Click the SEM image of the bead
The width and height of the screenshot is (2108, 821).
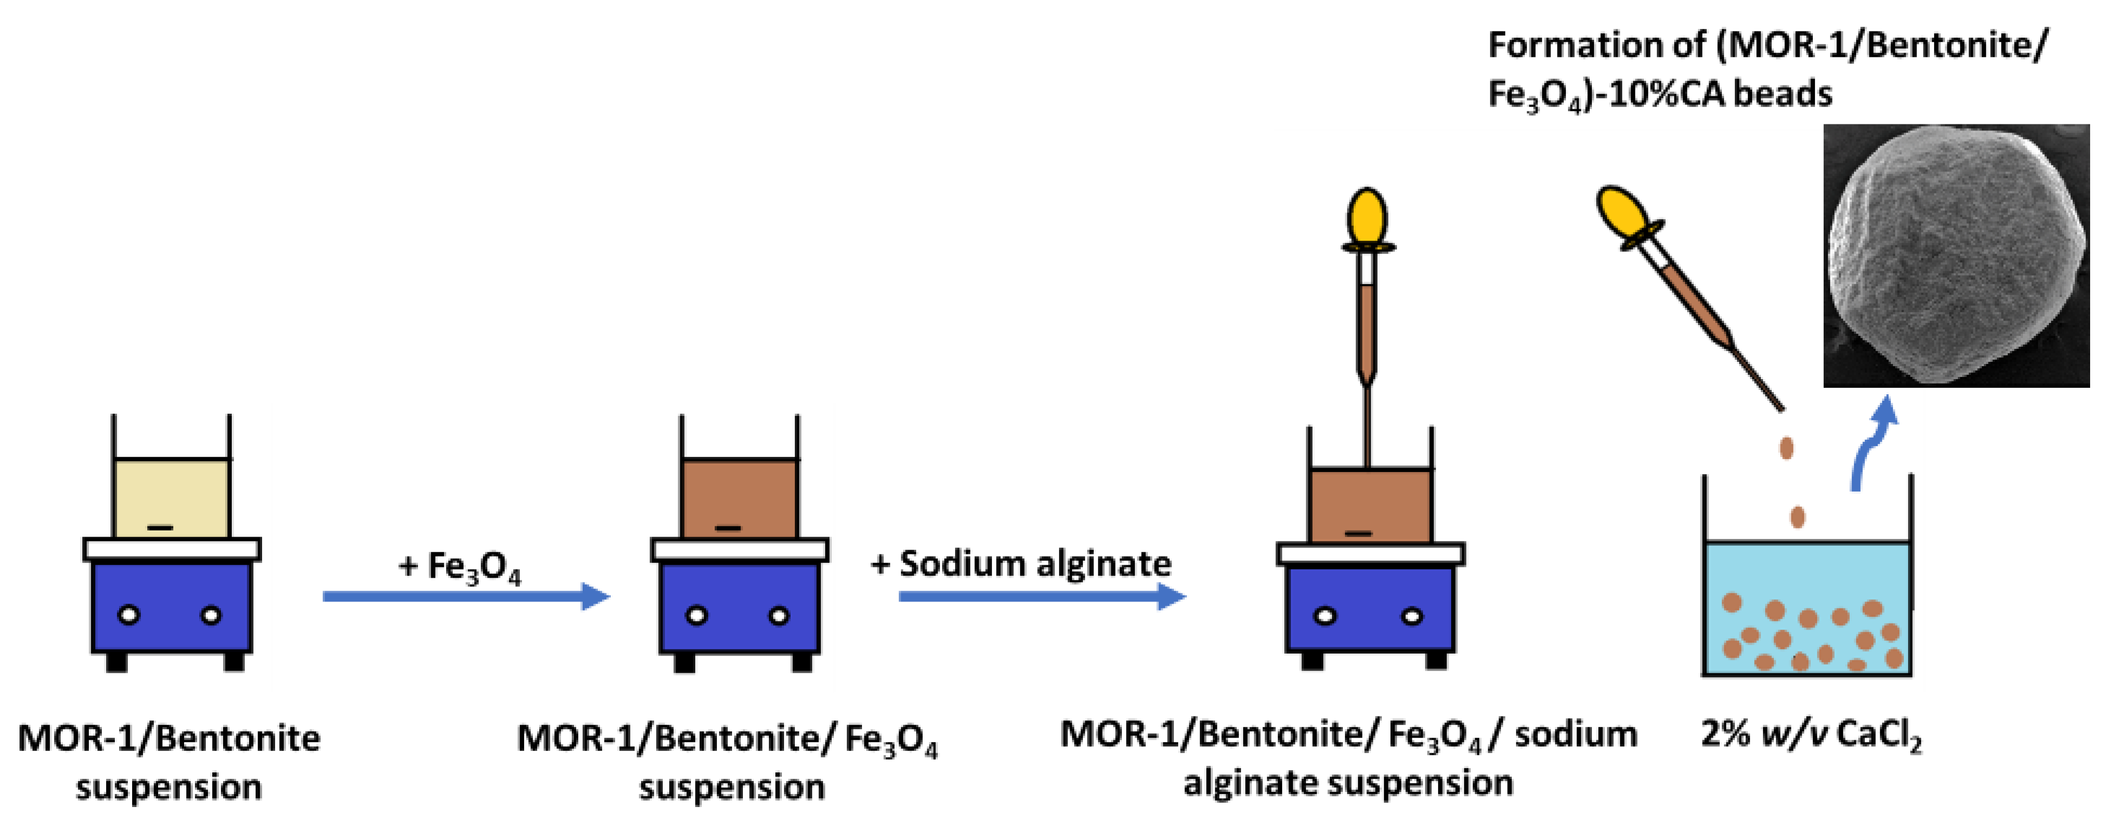(1956, 255)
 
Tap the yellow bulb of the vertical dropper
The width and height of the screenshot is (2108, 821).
(1367, 217)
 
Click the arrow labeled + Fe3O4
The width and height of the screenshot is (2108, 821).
(466, 596)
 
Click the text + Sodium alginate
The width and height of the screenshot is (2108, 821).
(1021, 564)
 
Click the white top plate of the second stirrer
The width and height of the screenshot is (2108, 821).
(740, 549)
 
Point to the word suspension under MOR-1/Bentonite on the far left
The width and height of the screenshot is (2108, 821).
(168, 787)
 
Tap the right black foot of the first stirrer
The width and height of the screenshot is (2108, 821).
(234, 661)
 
